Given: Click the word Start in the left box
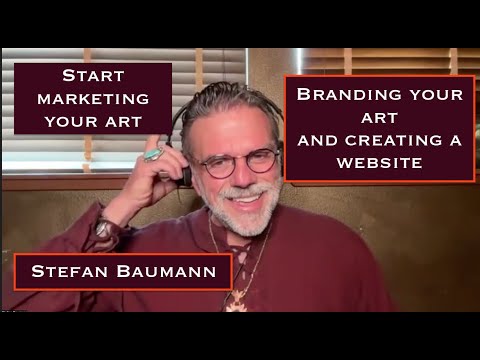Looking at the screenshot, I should pos(92,76).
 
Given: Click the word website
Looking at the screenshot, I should pos(379,160).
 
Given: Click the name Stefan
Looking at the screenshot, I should pos(71,271).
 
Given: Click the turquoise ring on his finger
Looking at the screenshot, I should pos(153,154).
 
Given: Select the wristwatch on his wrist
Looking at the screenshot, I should pos(104,229).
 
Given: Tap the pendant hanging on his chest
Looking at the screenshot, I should pos(238,296).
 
